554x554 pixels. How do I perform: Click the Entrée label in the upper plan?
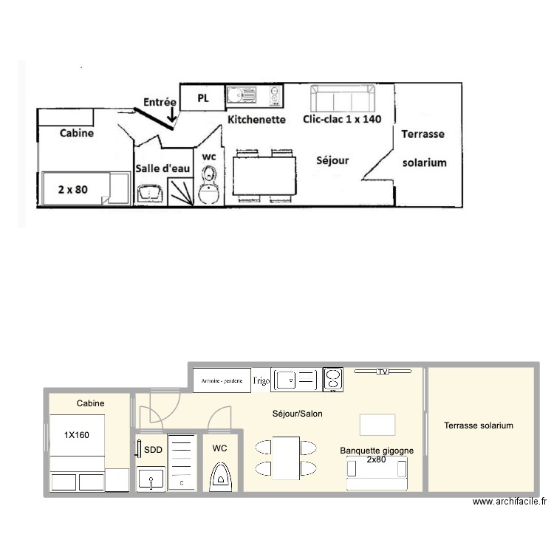click(x=160, y=103)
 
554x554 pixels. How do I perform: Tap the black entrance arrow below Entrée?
click(x=172, y=116)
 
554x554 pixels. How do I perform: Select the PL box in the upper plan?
click(x=202, y=97)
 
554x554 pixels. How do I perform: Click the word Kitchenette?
click(x=256, y=119)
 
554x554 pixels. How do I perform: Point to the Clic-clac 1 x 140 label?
click(x=342, y=119)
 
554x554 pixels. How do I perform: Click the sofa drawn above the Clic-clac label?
click(x=342, y=97)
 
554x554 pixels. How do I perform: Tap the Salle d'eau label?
click(x=163, y=168)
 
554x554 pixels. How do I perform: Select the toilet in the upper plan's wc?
click(x=210, y=185)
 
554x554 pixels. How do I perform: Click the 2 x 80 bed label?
click(x=72, y=189)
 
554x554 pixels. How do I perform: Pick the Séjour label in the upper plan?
click(x=332, y=160)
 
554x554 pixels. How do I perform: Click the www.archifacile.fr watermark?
click(x=509, y=502)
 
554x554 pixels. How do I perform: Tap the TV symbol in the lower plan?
click(x=382, y=371)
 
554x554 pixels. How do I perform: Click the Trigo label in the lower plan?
click(x=261, y=381)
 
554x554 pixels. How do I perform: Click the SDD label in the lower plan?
click(x=153, y=449)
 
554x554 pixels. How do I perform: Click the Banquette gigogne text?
click(x=376, y=450)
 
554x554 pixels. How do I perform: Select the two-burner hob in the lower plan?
click(x=334, y=380)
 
